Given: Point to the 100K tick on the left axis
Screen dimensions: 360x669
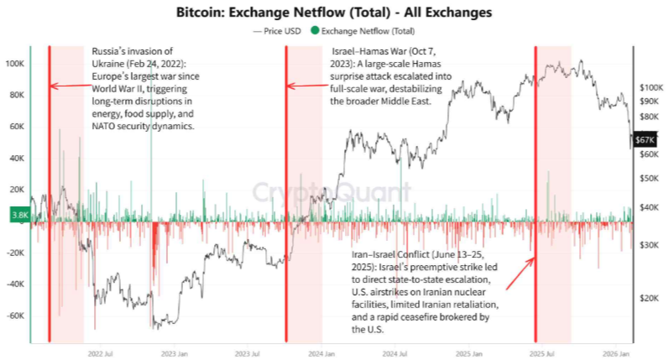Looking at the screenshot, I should click(14, 64).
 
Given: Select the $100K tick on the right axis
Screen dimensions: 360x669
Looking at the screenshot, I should click(651, 86).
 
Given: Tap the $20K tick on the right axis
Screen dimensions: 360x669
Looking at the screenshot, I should click(651, 298).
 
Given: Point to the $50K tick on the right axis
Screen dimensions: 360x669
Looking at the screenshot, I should click(651, 178).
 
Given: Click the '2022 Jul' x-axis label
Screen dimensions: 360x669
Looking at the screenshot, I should click(101, 353).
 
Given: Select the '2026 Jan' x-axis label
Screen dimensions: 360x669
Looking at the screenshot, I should click(619, 353).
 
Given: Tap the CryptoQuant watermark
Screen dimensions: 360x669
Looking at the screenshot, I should click(333, 192).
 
